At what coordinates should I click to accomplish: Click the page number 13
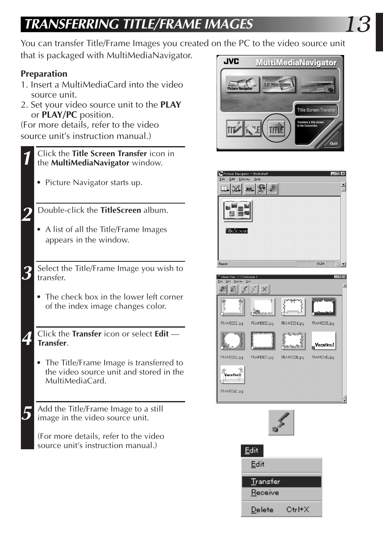point(357,25)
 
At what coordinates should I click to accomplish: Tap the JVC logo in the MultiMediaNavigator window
point(231,61)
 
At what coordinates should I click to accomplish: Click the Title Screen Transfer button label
point(316,110)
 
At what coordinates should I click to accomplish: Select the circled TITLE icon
point(276,129)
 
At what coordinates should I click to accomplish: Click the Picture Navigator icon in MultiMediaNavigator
point(242,84)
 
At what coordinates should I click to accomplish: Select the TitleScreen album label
point(236,231)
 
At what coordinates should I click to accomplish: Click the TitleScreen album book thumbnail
point(238,210)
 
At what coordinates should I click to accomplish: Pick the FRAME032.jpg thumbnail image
point(232,307)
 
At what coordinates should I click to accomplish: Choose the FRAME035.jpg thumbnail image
point(324,307)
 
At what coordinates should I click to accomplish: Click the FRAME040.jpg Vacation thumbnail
point(324,341)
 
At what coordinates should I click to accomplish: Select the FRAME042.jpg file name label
point(232,391)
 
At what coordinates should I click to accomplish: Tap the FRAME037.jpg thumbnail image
point(263,341)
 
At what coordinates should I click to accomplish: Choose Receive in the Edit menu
point(265,493)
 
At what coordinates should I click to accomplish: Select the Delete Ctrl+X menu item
point(280,509)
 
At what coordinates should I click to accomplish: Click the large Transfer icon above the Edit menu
point(281,422)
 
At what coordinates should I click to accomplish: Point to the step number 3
point(27,273)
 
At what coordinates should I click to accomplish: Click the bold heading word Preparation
point(44,74)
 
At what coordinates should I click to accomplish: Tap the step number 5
point(27,413)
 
